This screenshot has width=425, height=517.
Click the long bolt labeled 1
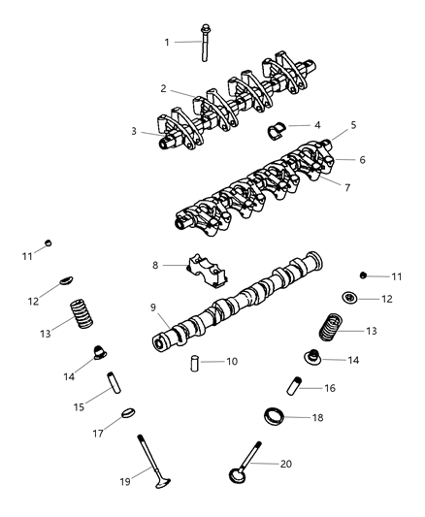(206, 44)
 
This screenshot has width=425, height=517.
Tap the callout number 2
(164, 88)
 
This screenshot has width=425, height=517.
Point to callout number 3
(135, 132)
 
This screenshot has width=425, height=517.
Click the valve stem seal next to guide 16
(313, 358)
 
